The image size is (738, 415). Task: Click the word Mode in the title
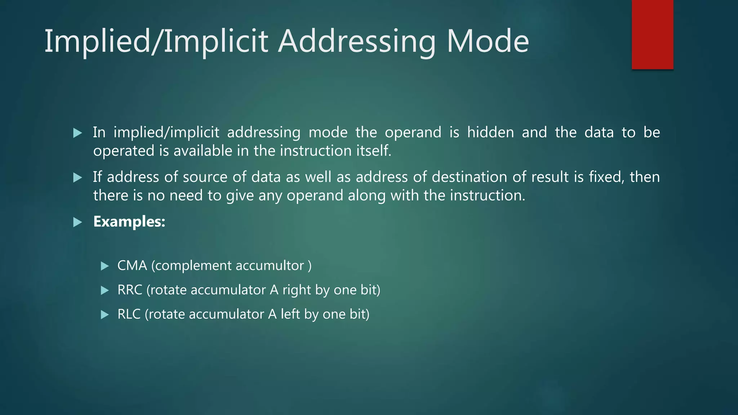488,41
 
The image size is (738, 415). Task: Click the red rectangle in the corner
652,34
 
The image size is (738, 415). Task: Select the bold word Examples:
129,222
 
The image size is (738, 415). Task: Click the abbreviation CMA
132,266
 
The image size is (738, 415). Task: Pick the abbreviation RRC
130,290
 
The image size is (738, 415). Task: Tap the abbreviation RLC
129,314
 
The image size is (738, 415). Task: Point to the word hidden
490,132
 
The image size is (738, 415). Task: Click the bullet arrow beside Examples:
77,222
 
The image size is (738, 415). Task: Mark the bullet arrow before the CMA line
105,266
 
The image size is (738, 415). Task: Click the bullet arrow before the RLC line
105,315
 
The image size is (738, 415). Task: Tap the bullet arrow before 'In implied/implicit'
77,133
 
